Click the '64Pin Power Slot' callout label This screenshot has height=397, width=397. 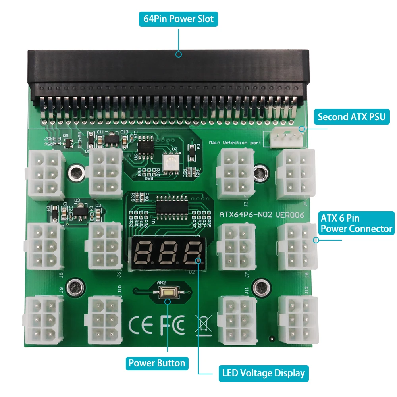tap(178, 19)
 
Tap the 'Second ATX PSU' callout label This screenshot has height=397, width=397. tap(351, 117)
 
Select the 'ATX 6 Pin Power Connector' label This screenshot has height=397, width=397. tap(356, 223)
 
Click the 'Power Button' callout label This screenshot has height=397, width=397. tap(157, 363)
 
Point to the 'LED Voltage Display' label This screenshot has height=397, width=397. tap(263, 373)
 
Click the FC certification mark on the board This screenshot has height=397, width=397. tap(172, 325)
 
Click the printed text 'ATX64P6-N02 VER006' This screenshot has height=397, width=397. tap(262, 215)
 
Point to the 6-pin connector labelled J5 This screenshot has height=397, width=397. tap(44, 246)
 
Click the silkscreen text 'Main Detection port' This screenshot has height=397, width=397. tap(234, 143)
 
